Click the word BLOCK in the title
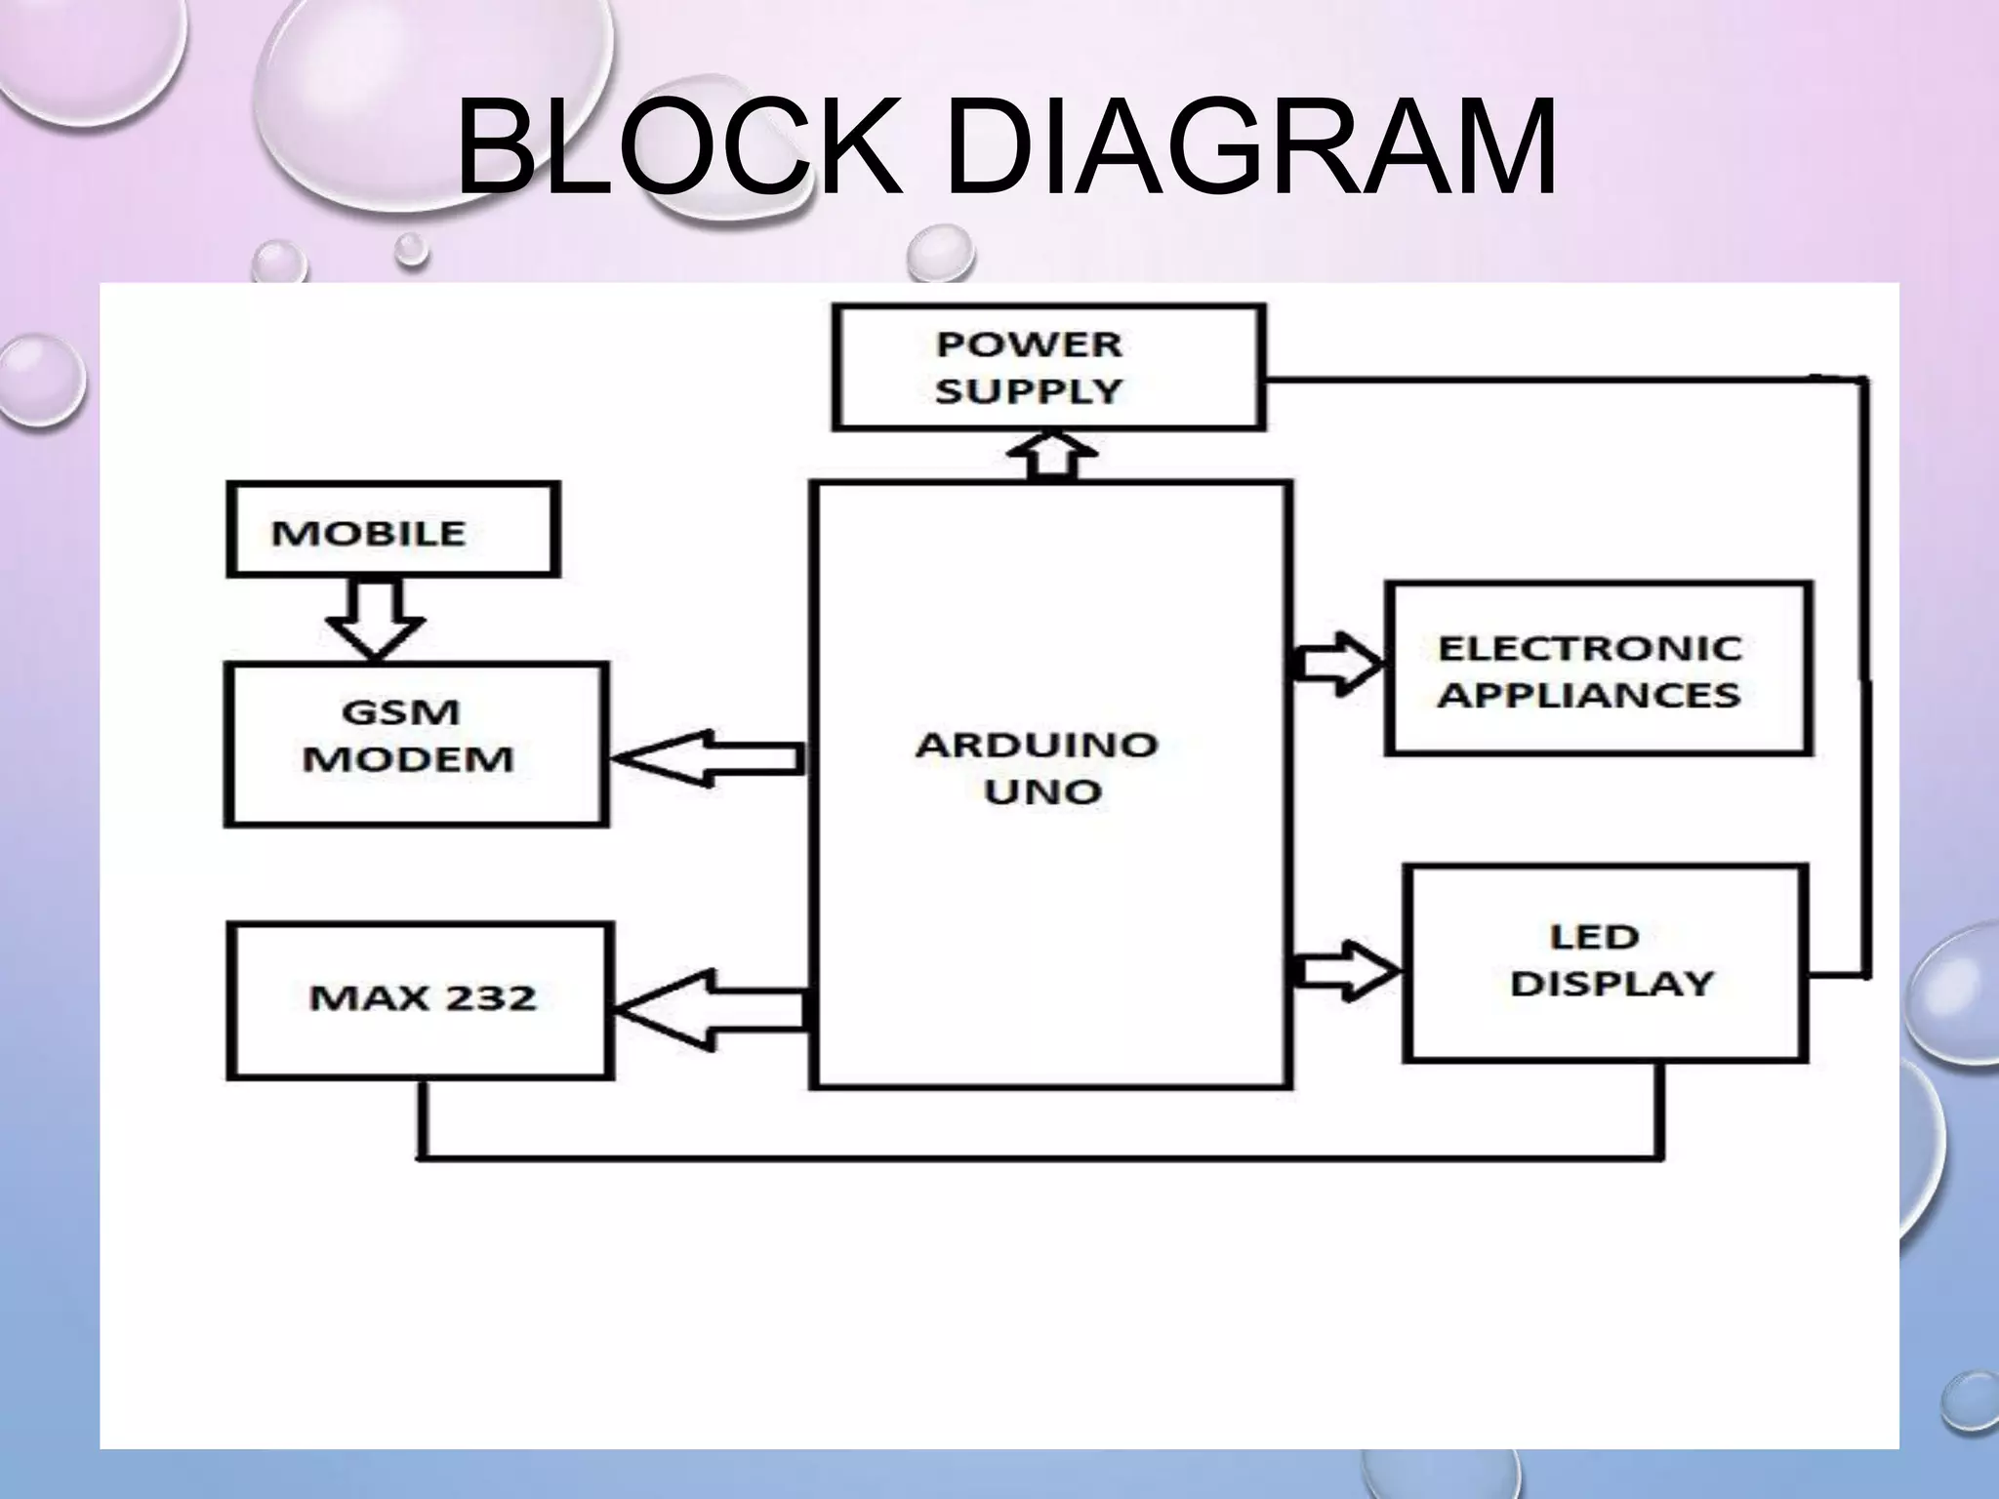[x=679, y=148]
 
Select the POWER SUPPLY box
[x=1049, y=367]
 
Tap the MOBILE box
[x=393, y=530]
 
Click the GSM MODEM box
[x=417, y=745]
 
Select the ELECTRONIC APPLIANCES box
[x=1599, y=669]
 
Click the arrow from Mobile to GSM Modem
[x=375, y=618]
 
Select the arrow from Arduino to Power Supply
[x=1051, y=456]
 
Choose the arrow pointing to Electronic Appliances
[x=1337, y=665]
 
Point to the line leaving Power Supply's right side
[x=1562, y=379]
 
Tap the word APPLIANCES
[x=1589, y=695]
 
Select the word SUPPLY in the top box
[x=1029, y=390]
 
